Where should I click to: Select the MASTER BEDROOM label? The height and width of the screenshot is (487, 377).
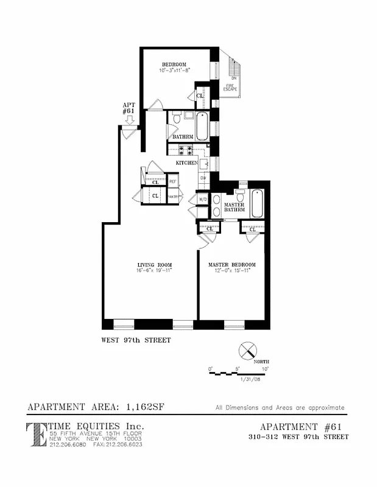click(x=232, y=265)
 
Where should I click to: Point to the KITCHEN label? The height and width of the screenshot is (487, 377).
click(x=186, y=164)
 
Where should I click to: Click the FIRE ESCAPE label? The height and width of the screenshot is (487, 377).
click(x=230, y=87)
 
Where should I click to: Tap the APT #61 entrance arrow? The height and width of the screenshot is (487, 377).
click(x=129, y=121)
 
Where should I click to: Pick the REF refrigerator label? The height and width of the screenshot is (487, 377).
click(x=172, y=181)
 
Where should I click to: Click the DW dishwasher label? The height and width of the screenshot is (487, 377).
click(x=203, y=177)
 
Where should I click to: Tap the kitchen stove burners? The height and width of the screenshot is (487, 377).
click(x=185, y=149)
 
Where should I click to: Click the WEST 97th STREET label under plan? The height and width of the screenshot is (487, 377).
click(x=136, y=341)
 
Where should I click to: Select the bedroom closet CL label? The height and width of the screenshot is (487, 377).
click(x=199, y=96)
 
